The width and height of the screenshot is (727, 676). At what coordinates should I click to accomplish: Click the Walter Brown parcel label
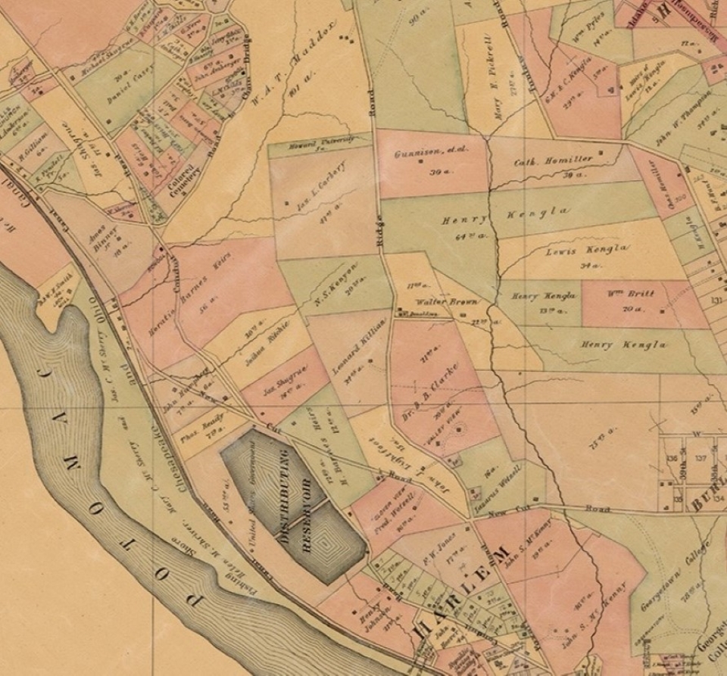[x=438, y=302]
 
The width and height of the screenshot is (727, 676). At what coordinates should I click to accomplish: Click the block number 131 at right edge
[x=715, y=300]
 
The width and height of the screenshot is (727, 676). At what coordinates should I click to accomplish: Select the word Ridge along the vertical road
[x=380, y=243]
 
